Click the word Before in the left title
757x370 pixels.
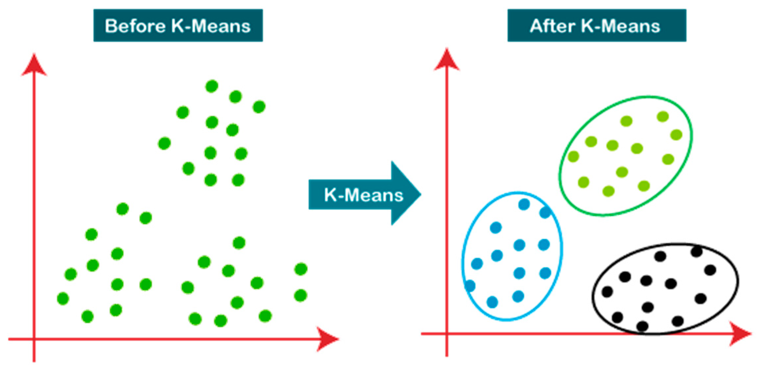[x=135, y=26]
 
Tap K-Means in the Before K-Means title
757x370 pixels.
[x=211, y=26]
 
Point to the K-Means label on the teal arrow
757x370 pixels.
[x=364, y=195]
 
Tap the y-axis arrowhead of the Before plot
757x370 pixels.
[x=34, y=64]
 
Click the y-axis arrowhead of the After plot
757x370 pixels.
[x=447, y=59]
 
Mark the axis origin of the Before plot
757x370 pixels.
[x=34, y=339]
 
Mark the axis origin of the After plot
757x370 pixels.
[x=447, y=334]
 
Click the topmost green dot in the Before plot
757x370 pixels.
[x=212, y=86]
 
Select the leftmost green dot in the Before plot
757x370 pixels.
[x=63, y=299]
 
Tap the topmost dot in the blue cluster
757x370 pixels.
[x=524, y=204]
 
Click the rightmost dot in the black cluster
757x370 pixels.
[x=710, y=270]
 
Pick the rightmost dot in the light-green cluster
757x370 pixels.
[x=676, y=135]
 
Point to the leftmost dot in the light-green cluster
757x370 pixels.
[x=573, y=156]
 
